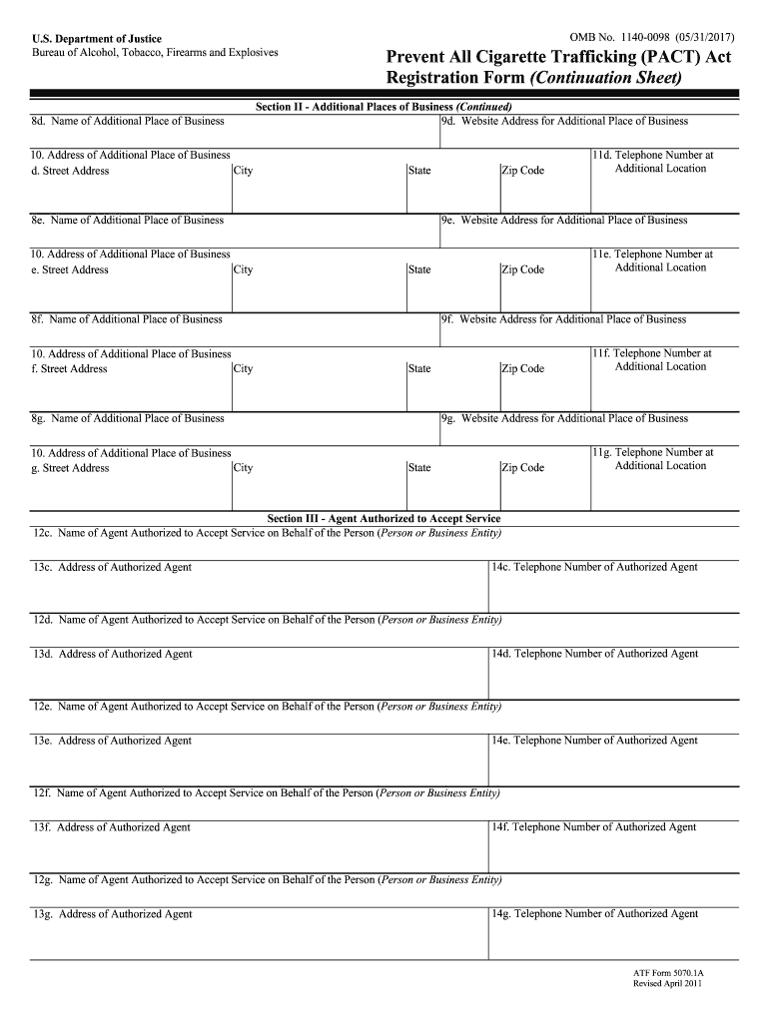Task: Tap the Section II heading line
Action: coord(384,107)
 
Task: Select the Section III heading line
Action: coord(384,519)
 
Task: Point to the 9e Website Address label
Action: coord(564,220)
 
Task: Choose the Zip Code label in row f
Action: coord(522,369)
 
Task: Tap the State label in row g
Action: coord(419,468)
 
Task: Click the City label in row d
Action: coord(243,171)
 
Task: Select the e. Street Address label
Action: coord(70,269)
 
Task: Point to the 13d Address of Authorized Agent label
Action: coord(112,654)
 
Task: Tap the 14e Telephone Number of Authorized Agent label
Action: coord(594,741)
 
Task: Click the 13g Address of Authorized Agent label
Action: coord(112,914)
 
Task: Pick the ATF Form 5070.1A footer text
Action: coord(668,972)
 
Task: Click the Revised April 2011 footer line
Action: coord(668,984)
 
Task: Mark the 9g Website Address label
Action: coord(564,418)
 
